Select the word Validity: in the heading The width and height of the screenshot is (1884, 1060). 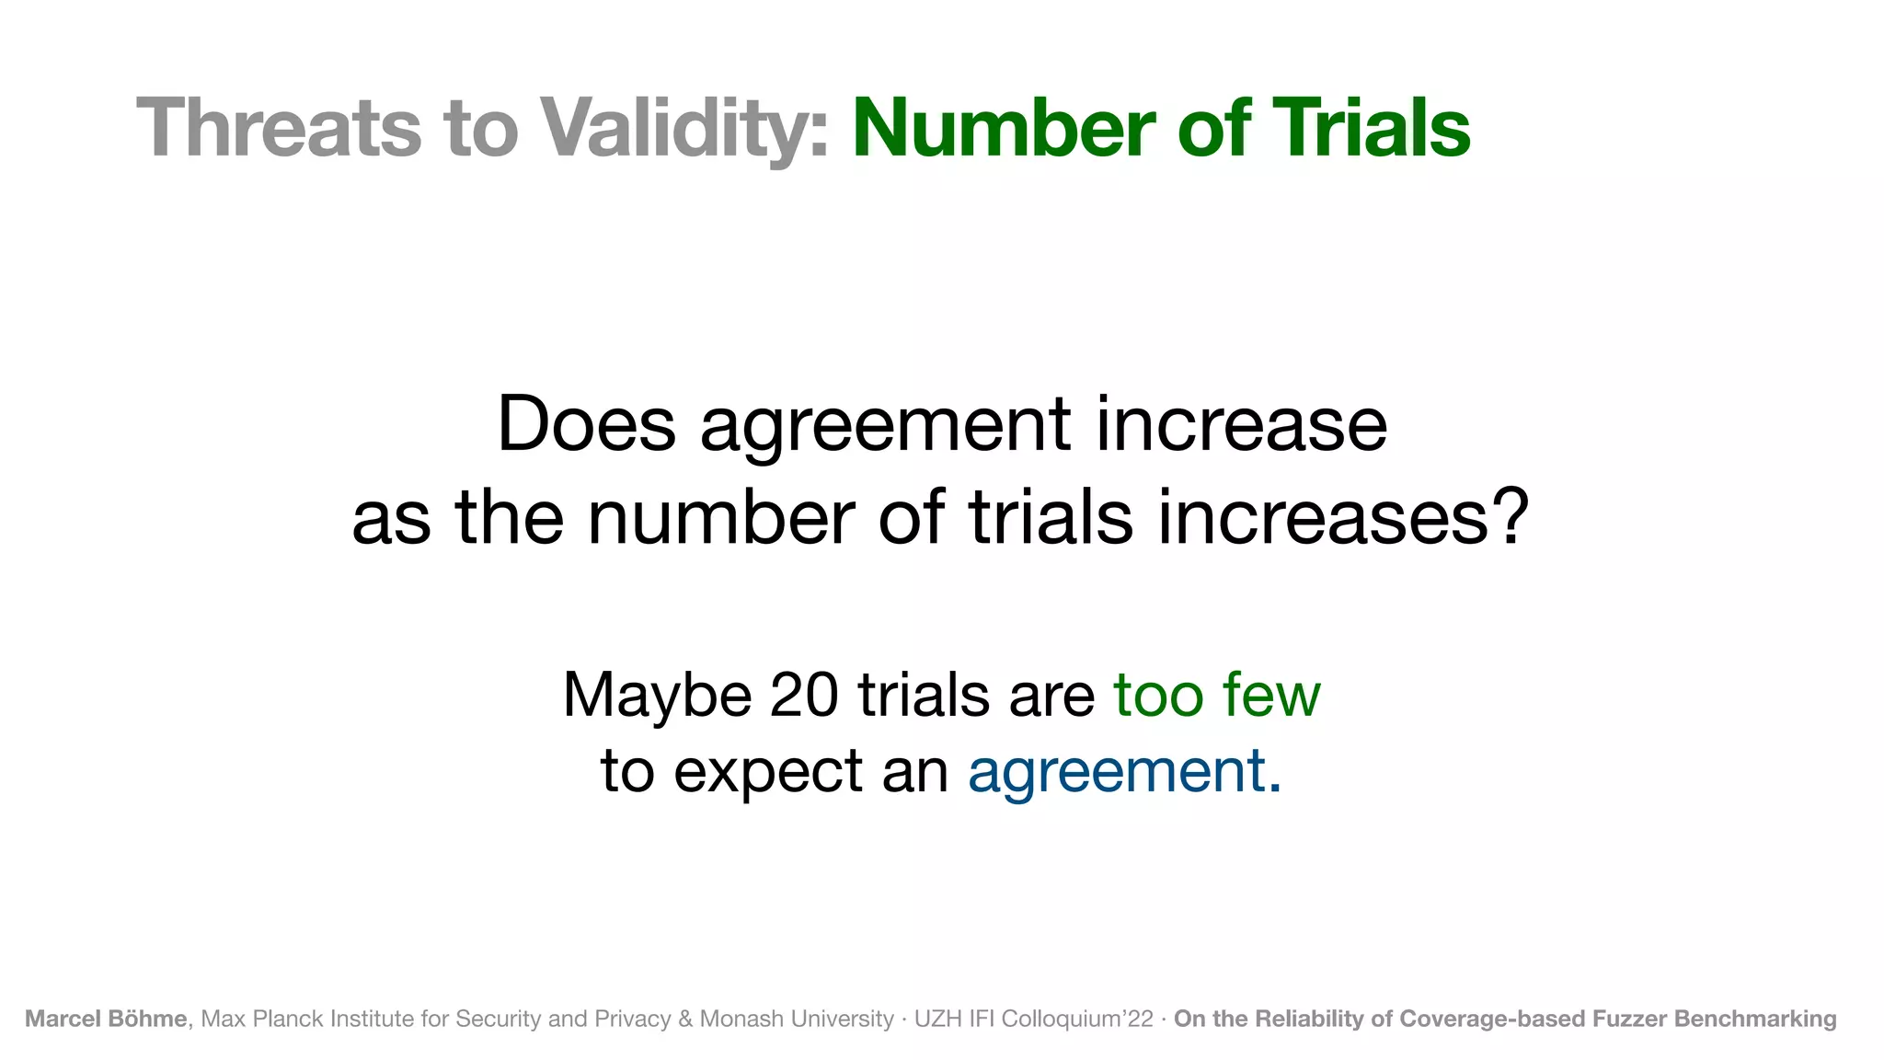point(684,129)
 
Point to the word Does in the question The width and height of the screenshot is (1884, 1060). point(586,425)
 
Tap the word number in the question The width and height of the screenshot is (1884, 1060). point(721,518)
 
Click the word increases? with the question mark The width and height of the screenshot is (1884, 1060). point(1343,518)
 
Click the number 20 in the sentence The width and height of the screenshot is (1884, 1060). point(803,696)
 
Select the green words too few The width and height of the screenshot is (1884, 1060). point(1216,696)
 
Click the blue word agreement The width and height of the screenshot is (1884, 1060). point(1117,771)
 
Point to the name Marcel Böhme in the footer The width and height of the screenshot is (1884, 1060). point(106,1019)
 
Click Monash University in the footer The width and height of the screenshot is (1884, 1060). point(797,1019)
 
